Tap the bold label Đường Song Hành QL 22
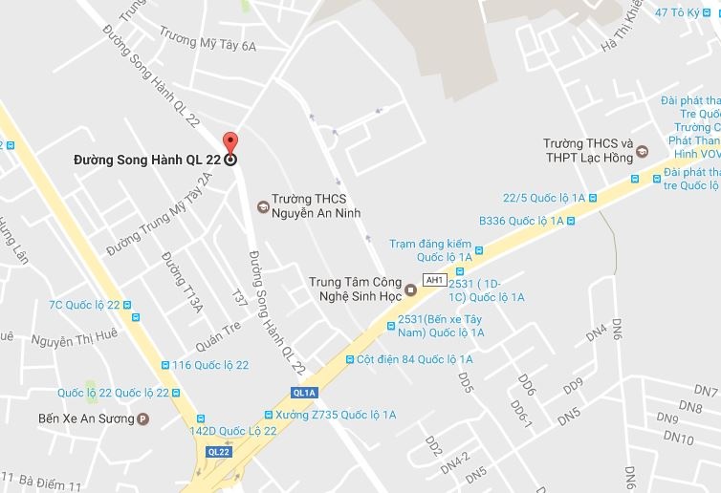[147, 160]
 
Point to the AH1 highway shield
[435, 280]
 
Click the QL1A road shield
[304, 393]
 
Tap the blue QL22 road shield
[218, 451]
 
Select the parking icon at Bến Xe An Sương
[143, 418]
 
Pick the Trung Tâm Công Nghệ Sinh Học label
[353, 289]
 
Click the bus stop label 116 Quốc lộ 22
[210, 365]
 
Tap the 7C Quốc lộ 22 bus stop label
[85, 305]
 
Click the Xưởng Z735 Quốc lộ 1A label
[335, 415]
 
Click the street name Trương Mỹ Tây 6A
[208, 44]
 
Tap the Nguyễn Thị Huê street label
[74, 337]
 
